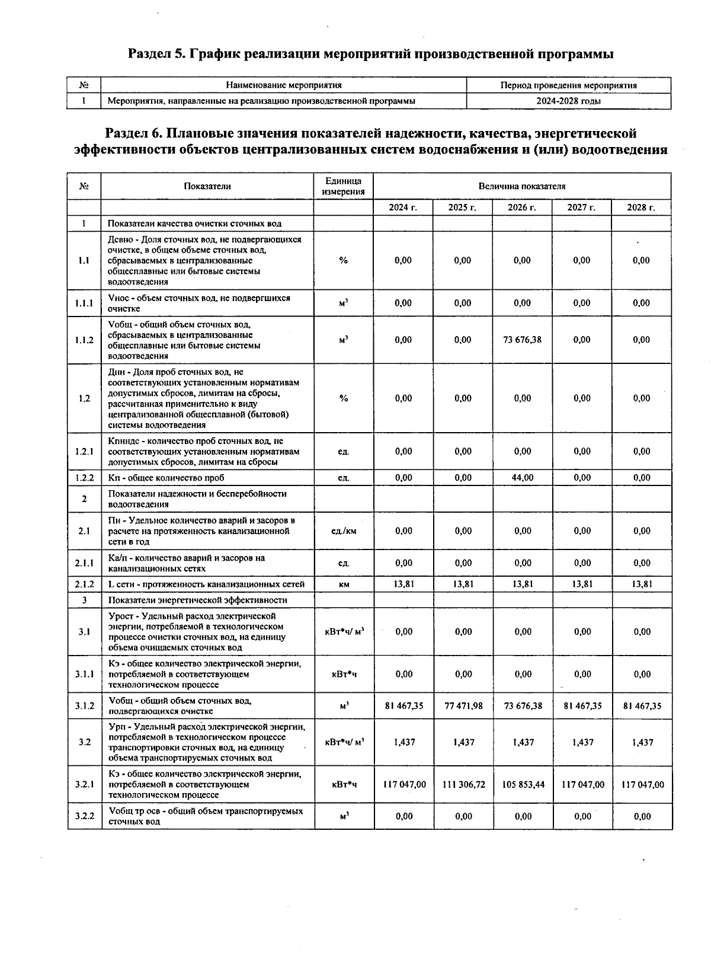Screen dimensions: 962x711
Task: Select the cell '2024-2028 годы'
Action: (568, 101)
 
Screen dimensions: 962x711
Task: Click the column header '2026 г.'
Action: (521, 207)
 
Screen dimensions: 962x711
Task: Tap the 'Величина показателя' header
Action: (521, 186)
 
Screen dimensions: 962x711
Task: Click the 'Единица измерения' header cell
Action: (343, 186)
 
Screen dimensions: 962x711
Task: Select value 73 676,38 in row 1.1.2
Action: (522, 340)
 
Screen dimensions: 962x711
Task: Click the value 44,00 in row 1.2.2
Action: (522, 477)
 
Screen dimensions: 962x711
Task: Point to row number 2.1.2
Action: (84, 584)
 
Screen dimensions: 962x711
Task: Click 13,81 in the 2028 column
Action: (642, 584)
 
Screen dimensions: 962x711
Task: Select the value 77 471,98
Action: (463, 705)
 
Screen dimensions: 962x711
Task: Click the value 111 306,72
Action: (463, 784)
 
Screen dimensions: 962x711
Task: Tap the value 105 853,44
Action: (523, 784)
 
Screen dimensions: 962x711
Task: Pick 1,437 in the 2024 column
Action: (404, 742)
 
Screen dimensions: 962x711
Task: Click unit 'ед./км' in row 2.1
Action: (344, 530)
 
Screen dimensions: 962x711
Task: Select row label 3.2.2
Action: (84, 816)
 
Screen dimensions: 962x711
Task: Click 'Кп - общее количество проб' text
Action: (166, 478)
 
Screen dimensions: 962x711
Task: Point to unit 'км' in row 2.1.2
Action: (344, 584)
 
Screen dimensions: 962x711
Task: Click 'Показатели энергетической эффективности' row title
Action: (197, 600)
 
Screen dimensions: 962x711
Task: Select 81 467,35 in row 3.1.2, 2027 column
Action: (582, 705)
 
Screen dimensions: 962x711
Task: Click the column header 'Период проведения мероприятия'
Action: (568, 85)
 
